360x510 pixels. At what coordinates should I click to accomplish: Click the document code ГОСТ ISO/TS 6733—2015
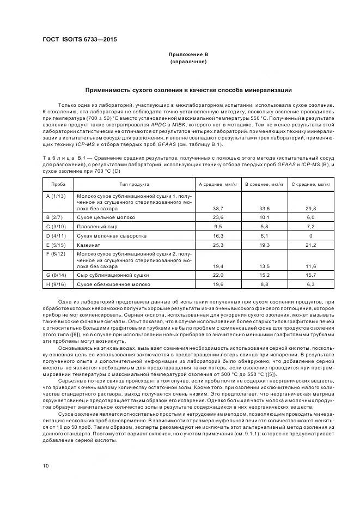click(79, 40)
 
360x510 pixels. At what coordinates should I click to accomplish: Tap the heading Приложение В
click(188, 55)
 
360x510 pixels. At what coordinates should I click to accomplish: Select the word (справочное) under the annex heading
click(188, 62)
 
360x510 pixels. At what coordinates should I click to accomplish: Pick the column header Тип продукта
click(134, 185)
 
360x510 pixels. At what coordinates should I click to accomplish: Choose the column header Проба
click(58, 185)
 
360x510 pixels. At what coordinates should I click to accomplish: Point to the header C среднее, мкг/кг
click(311, 185)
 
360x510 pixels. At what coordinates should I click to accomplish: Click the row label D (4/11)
click(56, 235)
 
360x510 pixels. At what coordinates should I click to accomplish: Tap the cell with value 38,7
click(218, 208)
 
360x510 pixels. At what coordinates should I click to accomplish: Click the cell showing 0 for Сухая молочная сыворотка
click(311, 235)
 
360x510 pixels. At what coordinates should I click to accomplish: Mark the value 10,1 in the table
click(265, 217)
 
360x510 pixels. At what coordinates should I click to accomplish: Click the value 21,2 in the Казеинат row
click(311, 245)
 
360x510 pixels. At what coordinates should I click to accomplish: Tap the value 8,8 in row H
click(265, 284)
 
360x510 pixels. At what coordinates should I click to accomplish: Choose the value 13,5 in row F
click(265, 266)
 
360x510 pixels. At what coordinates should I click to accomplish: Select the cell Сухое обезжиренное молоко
click(113, 284)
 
